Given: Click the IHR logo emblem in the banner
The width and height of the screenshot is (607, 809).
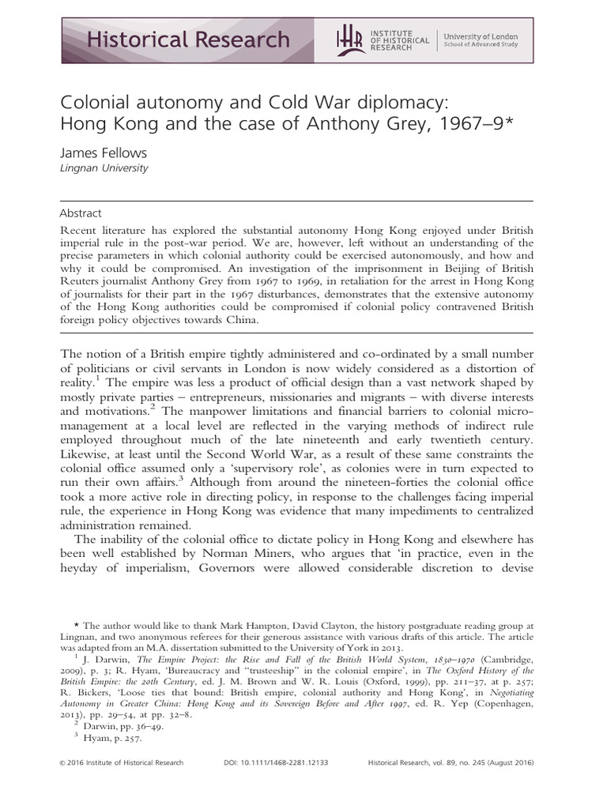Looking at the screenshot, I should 349,39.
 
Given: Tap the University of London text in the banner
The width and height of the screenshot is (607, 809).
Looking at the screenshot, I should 480,35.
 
